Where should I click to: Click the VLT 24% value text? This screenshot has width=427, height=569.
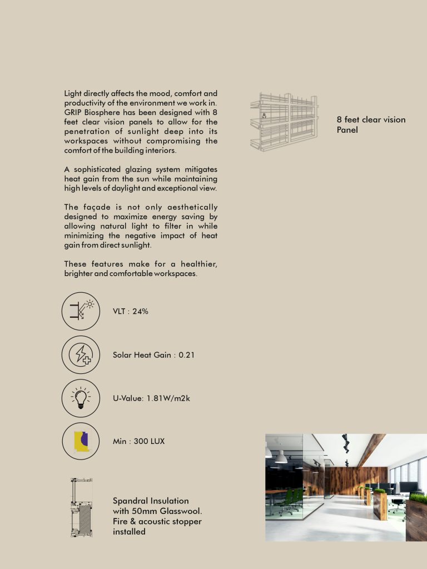point(131,311)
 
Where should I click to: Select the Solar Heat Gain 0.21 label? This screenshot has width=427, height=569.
point(153,355)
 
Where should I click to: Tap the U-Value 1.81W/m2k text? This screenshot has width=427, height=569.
point(152,398)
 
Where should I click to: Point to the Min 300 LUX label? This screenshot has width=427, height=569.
point(138,441)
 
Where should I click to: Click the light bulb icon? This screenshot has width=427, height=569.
point(81,398)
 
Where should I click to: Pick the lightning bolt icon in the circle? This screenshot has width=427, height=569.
point(81,355)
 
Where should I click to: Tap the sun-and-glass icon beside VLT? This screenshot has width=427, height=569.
point(81,311)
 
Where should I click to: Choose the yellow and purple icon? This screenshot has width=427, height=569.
point(81,441)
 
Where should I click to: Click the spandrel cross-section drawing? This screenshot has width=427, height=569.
point(81,507)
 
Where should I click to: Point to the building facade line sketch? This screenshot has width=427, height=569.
point(284,122)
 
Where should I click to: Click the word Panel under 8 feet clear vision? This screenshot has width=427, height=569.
point(347,130)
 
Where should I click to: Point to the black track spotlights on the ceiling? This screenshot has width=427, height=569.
point(346,444)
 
